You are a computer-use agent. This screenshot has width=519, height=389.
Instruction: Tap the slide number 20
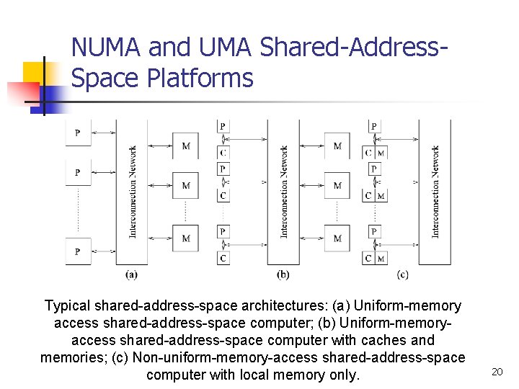point(496,371)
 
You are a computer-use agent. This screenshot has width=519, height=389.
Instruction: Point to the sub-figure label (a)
point(131,274)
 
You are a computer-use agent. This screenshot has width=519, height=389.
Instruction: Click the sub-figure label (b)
point(283,274)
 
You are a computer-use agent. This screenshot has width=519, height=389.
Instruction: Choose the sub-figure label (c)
point(402,274)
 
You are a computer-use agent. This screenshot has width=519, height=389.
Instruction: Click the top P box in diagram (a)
point(78,133)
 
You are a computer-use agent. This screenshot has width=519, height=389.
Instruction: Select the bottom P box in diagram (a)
point(78,251)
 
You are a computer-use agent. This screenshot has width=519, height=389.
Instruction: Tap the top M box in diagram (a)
point(186,146)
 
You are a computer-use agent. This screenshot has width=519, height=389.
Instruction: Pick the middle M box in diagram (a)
point(186,186)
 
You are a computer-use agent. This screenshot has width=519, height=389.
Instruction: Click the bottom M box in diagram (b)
point(337,238)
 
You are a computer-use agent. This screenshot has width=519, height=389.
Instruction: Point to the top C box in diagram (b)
point(223,152)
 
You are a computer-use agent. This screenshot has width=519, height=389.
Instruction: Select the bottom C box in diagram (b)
point(223,258)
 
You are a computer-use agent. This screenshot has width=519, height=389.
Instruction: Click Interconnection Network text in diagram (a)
point(133,192)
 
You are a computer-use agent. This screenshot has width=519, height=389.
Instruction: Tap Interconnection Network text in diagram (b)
point(284,192)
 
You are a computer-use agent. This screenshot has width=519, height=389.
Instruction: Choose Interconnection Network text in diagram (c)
point(435,192)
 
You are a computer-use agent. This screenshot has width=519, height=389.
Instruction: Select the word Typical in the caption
point(68,306)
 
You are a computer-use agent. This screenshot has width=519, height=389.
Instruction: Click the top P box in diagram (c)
point(373,127)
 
